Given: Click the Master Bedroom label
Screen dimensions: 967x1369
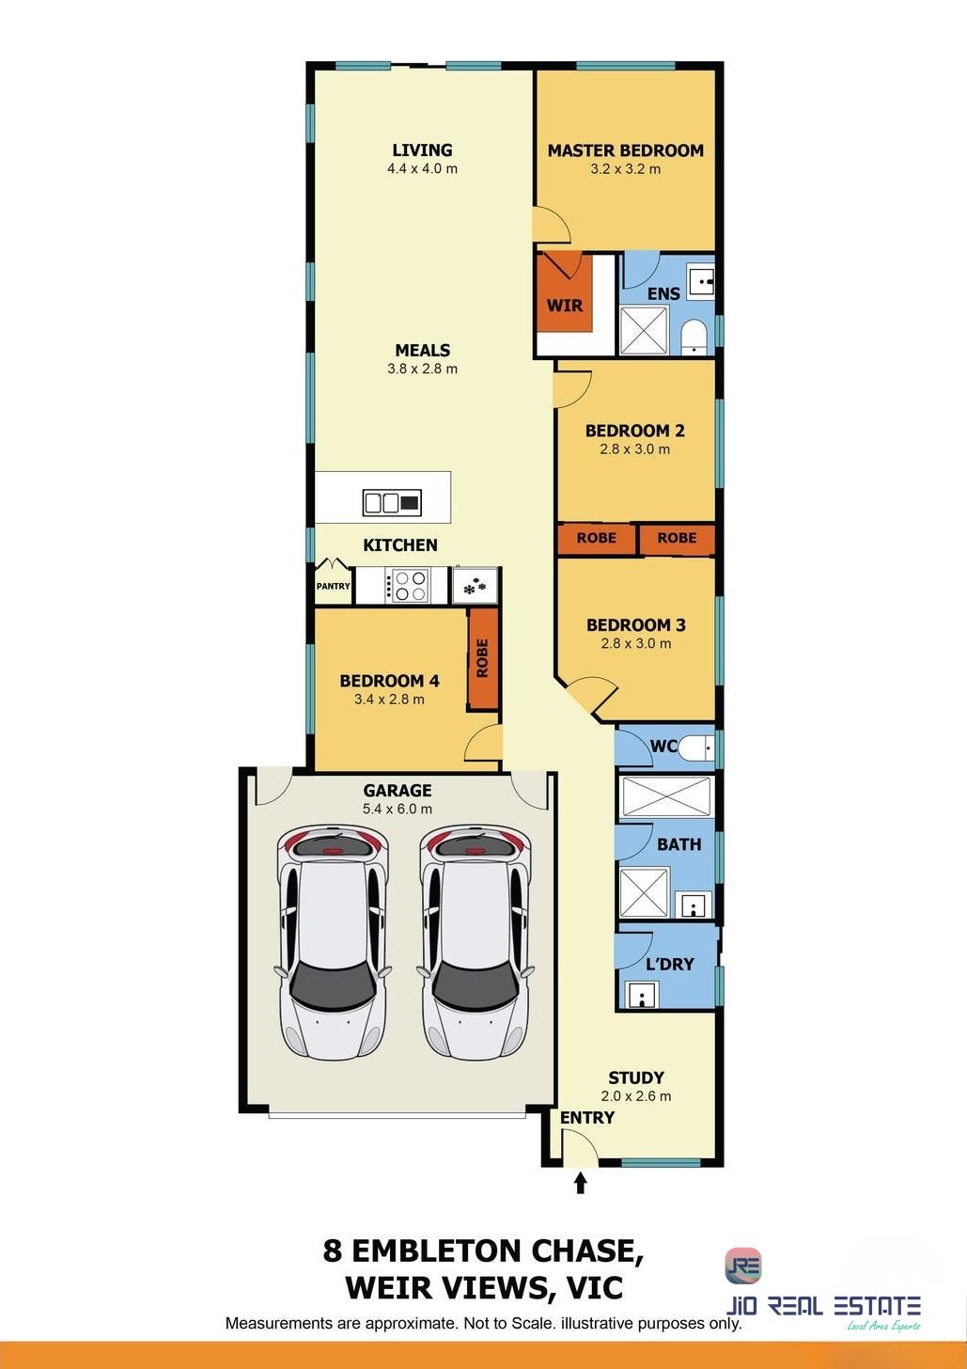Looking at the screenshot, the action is tap(625, 150).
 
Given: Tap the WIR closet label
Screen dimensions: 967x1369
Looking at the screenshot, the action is tap(564, 305).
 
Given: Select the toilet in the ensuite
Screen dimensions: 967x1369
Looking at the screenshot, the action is tap(694, 337).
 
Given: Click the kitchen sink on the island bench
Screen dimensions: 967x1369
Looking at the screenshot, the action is tap(392, 503).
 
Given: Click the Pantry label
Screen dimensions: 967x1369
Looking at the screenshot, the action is tap(333, 586).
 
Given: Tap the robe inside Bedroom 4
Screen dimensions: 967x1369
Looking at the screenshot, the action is tap(483, 658).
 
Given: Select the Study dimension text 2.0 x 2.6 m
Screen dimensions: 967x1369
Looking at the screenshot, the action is tap(636, 1096).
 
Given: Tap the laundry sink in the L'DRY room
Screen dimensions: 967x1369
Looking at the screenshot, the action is tap(640, 995).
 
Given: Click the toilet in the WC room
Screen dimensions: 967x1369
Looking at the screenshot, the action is tap(696, 747).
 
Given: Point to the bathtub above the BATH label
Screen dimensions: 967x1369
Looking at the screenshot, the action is tap(666, 796).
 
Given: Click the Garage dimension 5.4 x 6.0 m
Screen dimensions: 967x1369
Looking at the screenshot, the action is tap(398, 809).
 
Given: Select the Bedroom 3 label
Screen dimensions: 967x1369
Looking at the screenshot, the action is tap(636, 625).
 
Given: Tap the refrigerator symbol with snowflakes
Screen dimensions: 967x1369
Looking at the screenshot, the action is tap(476, 586).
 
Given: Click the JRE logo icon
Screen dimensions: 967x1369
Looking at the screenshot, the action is tap(743, 1266).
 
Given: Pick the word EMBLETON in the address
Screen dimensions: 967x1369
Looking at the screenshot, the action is tap(436, 1251).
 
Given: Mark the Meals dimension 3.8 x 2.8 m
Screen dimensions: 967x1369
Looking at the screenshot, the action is tap(422, 370).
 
